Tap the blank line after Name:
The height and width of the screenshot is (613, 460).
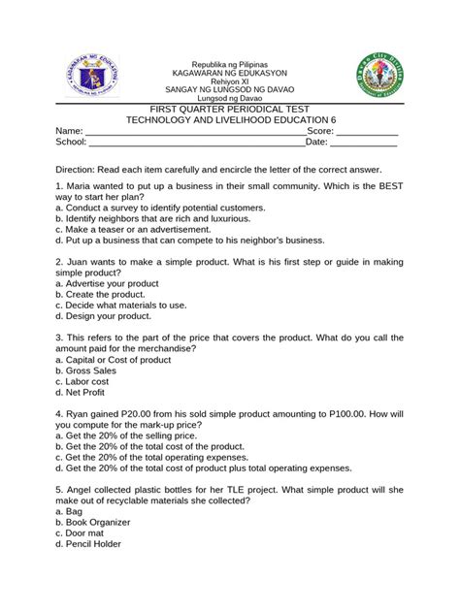194,131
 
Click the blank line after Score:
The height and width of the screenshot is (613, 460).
366,131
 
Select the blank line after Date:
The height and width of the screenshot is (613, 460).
364,143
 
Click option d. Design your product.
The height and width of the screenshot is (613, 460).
103,316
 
